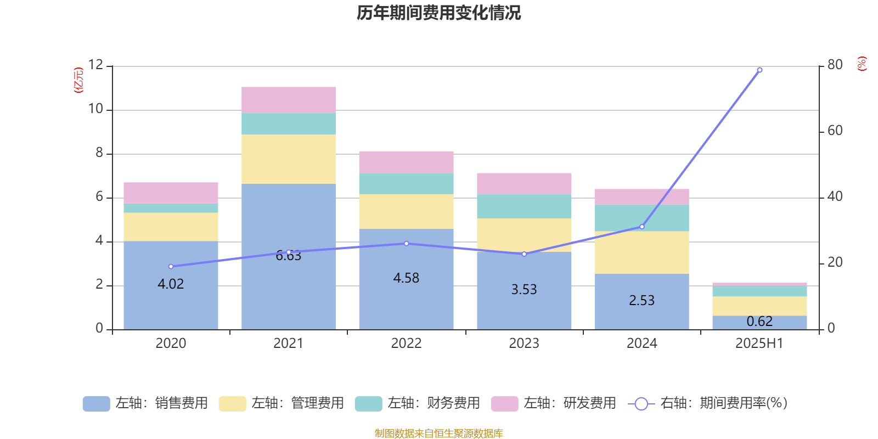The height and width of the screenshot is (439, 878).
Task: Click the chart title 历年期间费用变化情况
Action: click(x=438, y=13)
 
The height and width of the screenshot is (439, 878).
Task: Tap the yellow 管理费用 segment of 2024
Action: click(x=642, y=252)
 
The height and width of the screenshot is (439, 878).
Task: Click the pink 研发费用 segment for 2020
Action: click(x=171, y=193)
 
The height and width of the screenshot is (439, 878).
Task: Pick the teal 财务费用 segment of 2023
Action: click(x=524, y=206)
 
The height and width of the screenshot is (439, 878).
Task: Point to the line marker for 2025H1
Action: click(x=759, y=70)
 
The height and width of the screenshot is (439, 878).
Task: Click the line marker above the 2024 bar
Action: click(x=642, y=227)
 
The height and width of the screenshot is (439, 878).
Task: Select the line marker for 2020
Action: click(x=171, y=267)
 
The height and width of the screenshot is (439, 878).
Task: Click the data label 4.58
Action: click(x=406, y=278)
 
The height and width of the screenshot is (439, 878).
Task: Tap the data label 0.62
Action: click(x=759, y=322)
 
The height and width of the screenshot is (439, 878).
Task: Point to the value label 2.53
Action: click(x=642, y=301)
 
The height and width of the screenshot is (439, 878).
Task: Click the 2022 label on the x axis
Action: click(x=406, y=344)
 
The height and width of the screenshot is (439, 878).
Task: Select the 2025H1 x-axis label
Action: click(x=759, y=344)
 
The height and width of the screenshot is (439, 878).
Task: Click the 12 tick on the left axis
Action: click(x=95, y=65)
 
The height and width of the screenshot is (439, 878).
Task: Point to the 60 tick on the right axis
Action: click(x=835, y=131)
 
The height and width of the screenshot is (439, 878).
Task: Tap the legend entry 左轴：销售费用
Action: click(x=145, y=403)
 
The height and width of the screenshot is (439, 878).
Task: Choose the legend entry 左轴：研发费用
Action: click(x=554, y=403)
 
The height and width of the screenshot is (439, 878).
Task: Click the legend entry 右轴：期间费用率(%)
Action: click(x=708, y=403)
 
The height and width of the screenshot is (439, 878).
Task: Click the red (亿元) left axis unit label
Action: click(x=78, y=80)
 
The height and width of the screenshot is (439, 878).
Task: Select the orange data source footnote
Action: click(x=438, y=434)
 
